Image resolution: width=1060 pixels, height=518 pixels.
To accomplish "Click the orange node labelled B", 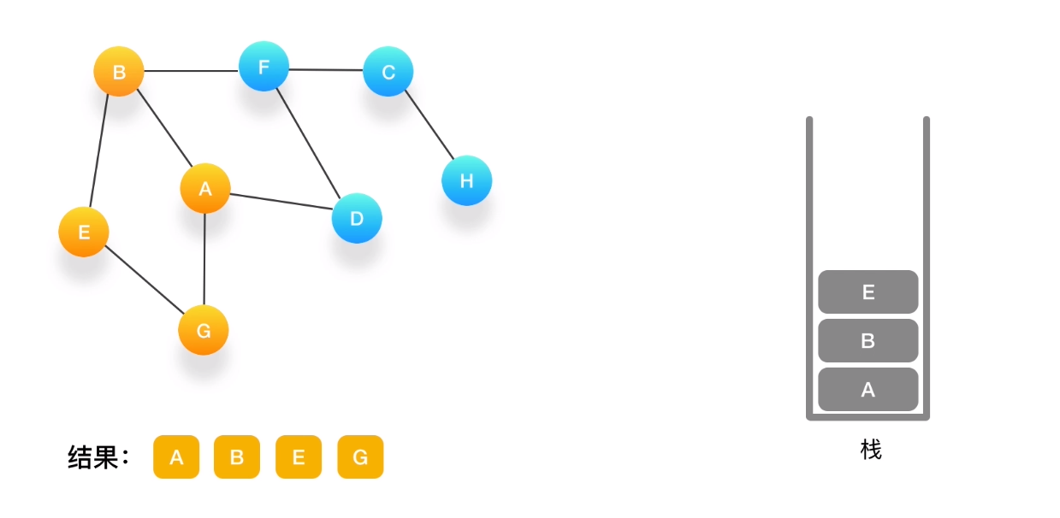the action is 119,72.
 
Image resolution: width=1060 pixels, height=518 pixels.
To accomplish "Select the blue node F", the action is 264,67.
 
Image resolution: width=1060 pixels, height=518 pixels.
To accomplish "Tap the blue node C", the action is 388,72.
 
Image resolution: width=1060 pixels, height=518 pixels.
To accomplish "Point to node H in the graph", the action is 466,180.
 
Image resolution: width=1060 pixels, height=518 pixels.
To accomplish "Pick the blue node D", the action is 357,218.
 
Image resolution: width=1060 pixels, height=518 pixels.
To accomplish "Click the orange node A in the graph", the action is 205,189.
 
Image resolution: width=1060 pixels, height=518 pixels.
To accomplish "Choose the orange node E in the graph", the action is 84,232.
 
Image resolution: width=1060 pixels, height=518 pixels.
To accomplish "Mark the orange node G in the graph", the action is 204,331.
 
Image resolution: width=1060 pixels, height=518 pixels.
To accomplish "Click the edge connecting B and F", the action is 191,70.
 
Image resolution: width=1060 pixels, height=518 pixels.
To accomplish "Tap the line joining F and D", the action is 309,140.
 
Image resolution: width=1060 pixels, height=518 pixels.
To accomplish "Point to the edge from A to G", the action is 204,260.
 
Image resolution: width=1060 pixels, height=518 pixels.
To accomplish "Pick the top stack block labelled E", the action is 868,292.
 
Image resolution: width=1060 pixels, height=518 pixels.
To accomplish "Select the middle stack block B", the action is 868,341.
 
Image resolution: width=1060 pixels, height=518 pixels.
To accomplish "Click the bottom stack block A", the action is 868,390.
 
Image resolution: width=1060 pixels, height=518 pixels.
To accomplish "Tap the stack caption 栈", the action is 871,450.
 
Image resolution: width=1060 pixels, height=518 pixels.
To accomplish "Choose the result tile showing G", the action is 360,457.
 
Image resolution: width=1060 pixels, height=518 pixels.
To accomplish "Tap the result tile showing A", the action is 176,457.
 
